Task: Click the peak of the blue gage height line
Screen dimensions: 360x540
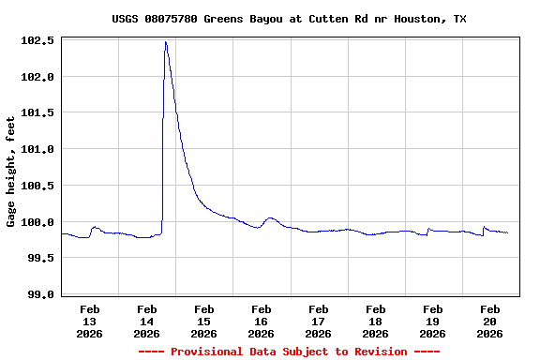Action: tap(166, 42)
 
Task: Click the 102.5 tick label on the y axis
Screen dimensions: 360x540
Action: tap(37, 41)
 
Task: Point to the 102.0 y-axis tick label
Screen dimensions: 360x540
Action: tap(37, 77)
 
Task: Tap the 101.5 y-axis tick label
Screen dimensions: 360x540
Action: tap(37, 113)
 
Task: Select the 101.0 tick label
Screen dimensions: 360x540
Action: tap(37, 149)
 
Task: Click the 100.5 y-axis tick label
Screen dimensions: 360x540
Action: tap(37, 186)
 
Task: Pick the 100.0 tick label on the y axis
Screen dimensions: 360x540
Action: tap(37, 222)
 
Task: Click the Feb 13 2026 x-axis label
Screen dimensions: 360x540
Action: tap(90, 321)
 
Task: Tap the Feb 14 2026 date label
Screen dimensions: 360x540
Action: tap(147, 321)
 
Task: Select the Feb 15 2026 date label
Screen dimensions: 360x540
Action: tap(204, 321)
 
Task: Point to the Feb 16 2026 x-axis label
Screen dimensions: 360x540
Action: tap(262, 321)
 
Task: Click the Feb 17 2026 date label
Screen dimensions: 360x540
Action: tap(319, 321)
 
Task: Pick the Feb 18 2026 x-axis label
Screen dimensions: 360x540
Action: tap(376, 321)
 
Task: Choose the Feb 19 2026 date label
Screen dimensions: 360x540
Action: tap(433, 321)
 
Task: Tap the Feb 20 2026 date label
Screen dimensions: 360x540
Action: tap(490, 321)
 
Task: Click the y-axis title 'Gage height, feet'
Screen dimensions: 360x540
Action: tap(11, 172)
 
